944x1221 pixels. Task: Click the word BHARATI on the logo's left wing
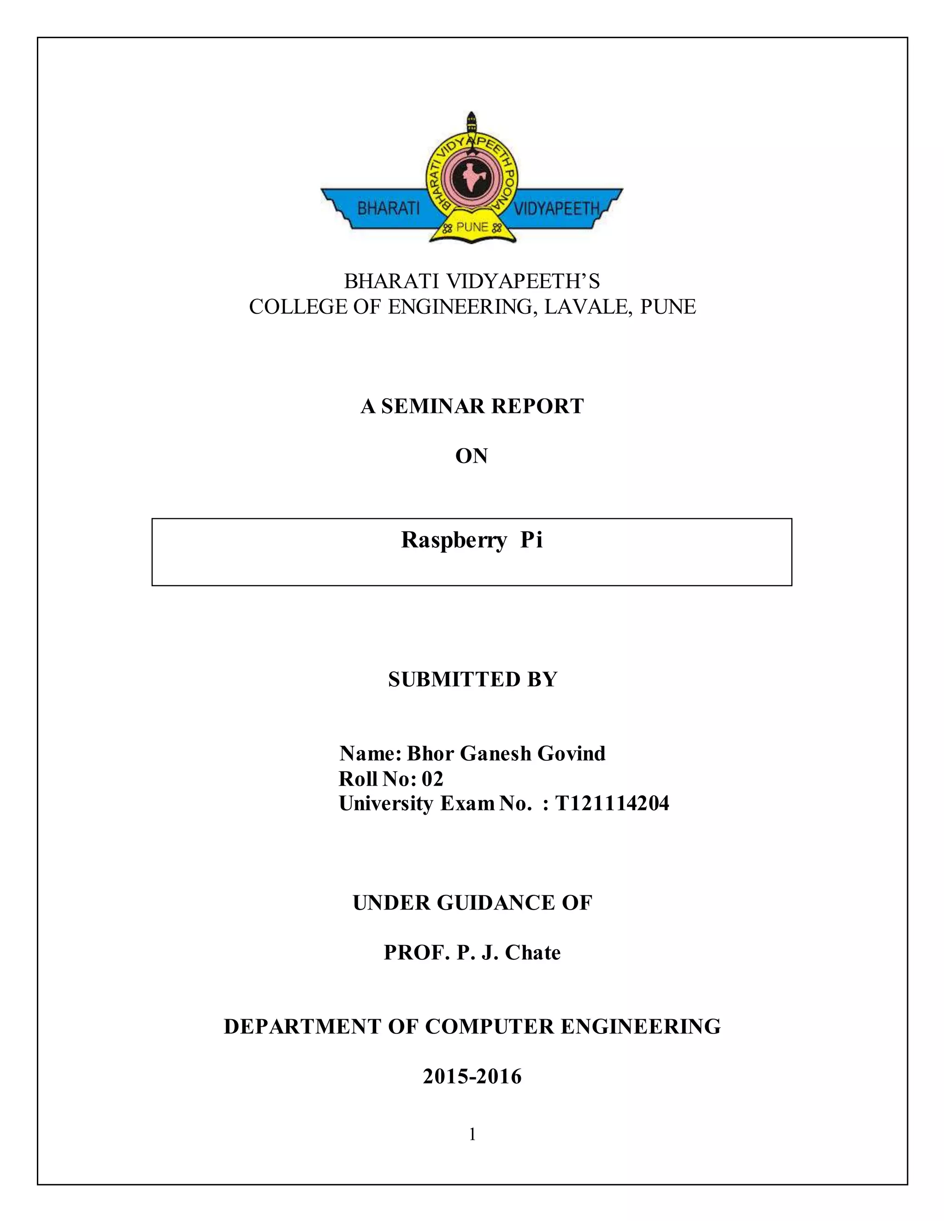coord(388,209)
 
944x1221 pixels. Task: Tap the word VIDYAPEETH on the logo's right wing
coord(556,209)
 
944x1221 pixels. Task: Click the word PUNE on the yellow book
coord(472,227)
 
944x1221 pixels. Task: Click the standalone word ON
coord(472,456)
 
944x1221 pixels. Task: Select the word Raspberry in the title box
coord(454,540)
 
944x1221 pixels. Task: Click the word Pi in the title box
coord(531,540)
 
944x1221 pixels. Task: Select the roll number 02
coord(432,778)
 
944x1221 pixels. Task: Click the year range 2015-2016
coord(472,1076)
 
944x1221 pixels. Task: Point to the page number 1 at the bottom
coord(472,1134)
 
